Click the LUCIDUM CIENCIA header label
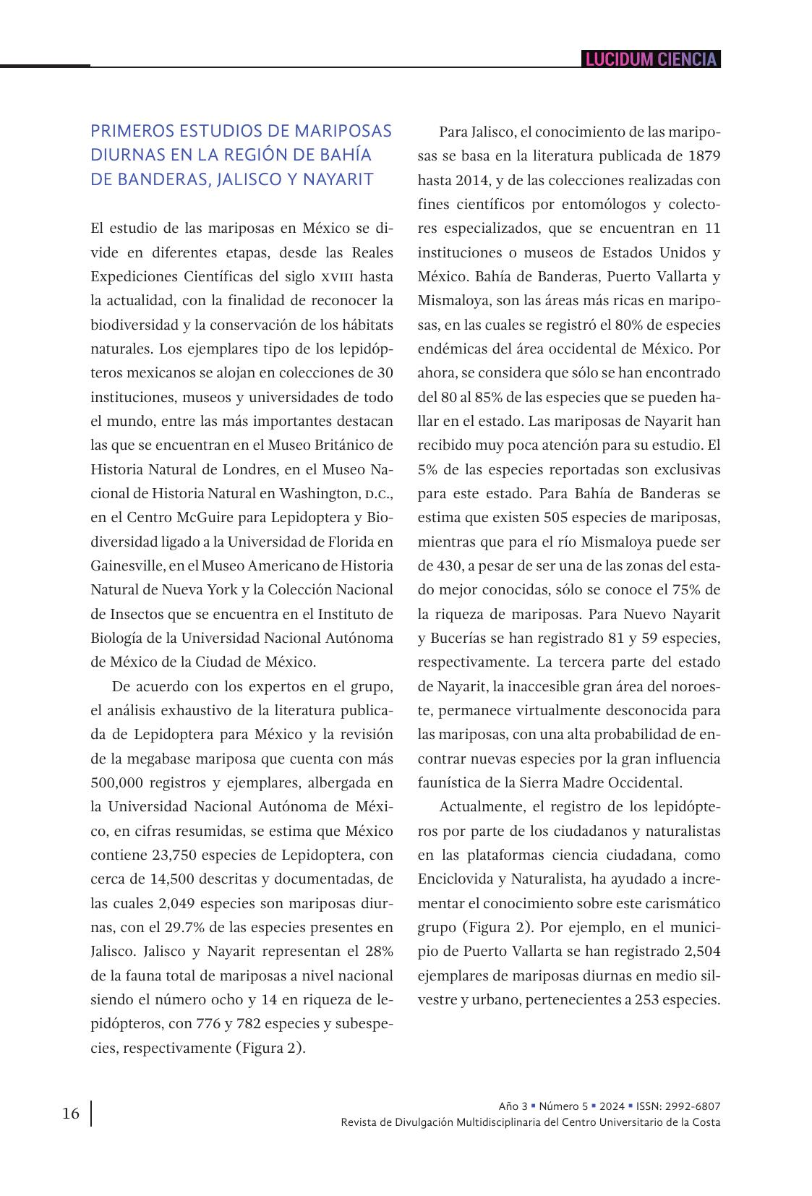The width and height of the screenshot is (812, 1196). [651, 59]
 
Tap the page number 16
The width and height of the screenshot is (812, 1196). [71, 1113]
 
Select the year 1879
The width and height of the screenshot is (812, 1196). [704, 156]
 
